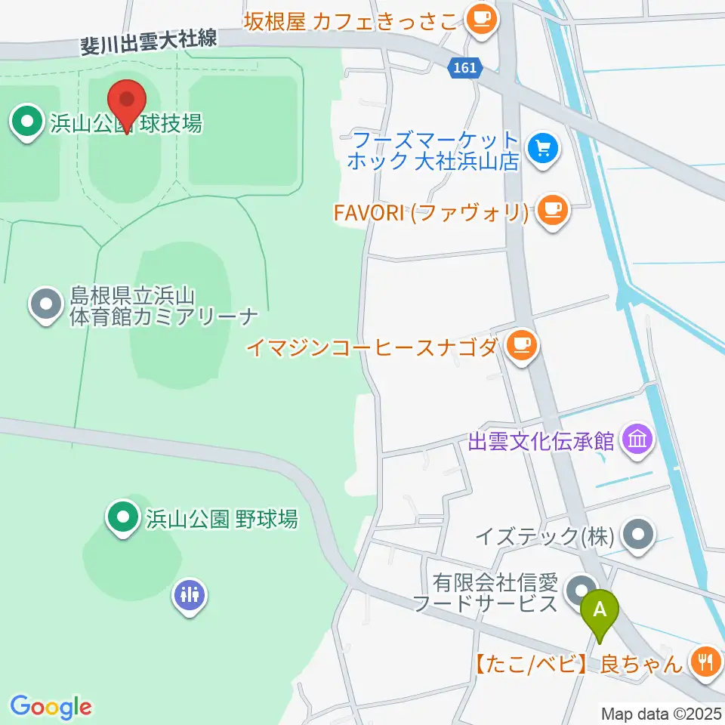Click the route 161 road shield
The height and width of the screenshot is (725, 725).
(465, 68)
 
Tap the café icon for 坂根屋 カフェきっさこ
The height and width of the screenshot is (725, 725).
(482, 19)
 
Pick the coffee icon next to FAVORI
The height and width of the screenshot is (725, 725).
(553, 211)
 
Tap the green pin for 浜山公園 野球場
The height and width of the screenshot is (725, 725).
(121, 518)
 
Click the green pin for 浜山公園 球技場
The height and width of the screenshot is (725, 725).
(28, 122)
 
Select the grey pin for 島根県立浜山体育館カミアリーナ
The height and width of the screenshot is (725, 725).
(46, 305)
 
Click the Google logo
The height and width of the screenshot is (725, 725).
(51, 708)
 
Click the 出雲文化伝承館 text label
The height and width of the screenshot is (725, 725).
(541, 441)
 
